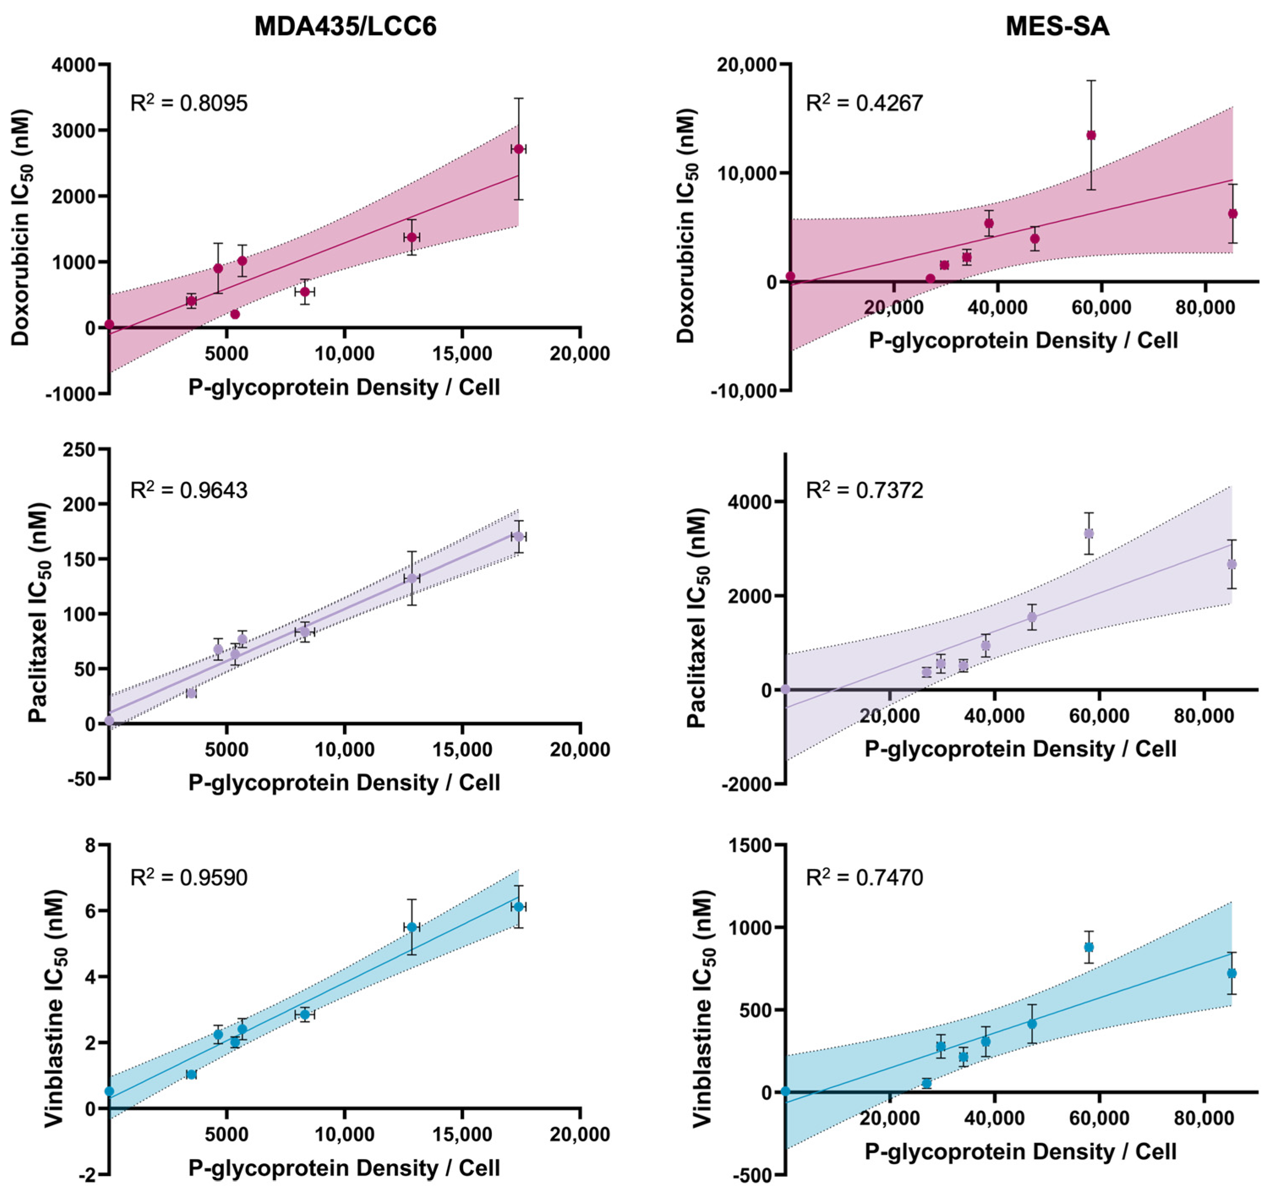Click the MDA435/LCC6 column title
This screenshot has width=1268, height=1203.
pyautogui.click(x=345, y=26)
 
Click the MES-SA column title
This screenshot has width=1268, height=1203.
pyautogui.click(x=1057, y=26)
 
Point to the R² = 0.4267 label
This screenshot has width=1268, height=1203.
pyautogui.click(x=864, y=103)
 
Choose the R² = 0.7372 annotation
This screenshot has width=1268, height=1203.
pyautogui.click(x=864, y=490)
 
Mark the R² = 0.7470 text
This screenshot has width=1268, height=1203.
pyautogui.click(x=864, y=877)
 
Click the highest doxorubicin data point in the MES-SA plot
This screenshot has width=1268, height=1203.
pyautogui.click(x=1091, y=135)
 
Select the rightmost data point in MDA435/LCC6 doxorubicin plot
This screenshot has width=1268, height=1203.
pyautogui.click(x=518, y=149)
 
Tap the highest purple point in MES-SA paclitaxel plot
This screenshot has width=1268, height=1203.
pyautogui.click(x=1088, y=533)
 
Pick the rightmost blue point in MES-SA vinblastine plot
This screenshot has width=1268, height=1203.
pyautogui.click(x=1231, y=974)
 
